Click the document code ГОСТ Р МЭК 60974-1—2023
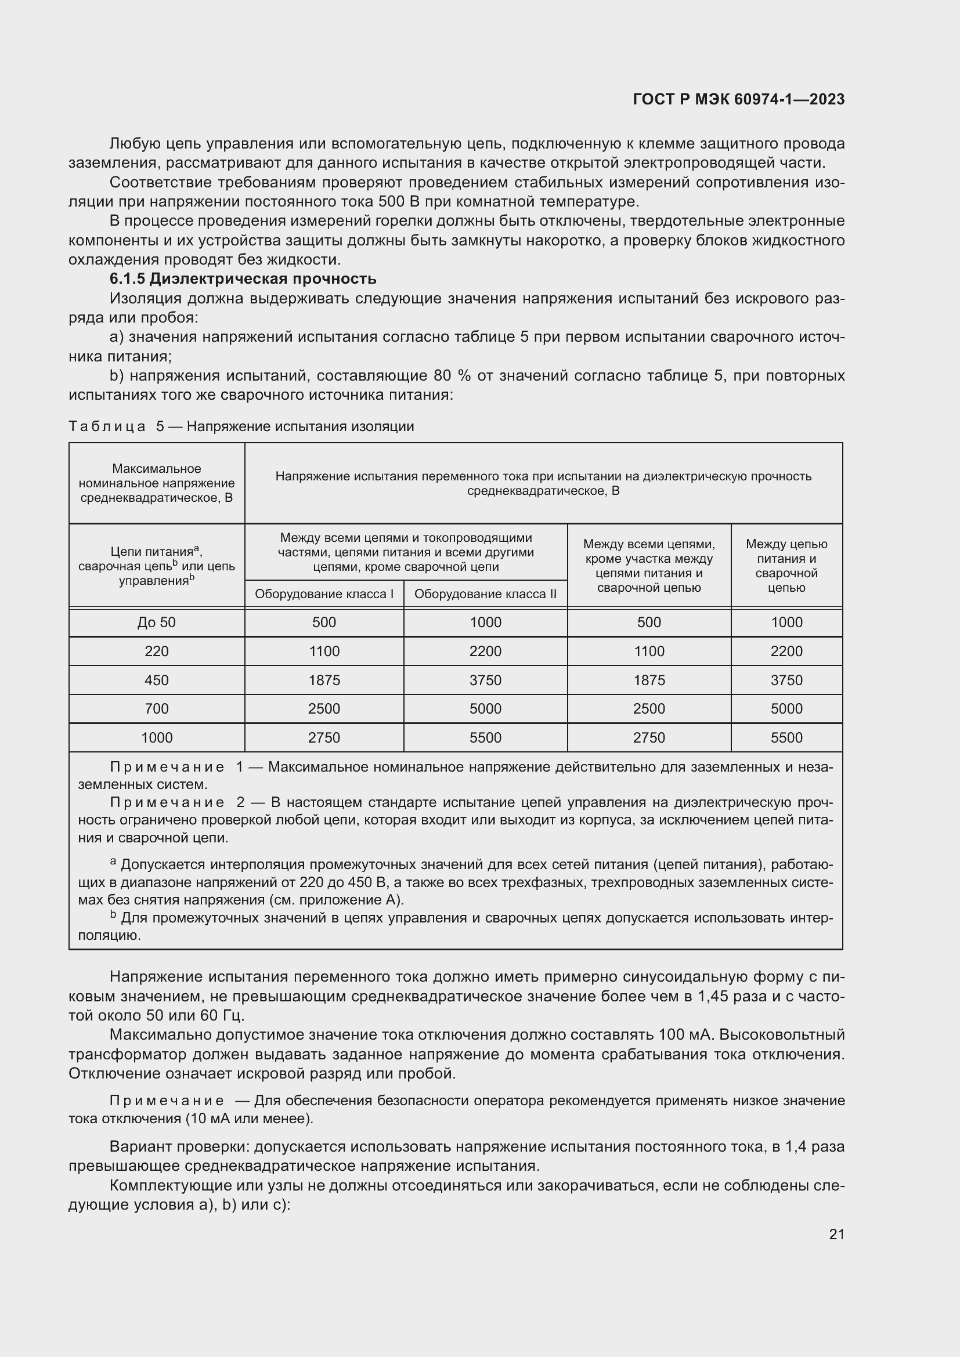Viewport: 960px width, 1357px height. pyautogui.click(x=738, y=99)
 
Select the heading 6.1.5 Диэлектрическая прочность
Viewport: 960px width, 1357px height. pyautogui.click(x=243, y=278)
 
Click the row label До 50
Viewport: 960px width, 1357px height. pyautogui.click(x=157, y=623)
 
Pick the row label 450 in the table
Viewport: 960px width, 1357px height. pyautogui.click(x=157, y=681)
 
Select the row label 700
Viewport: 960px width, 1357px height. pyautogui.click(x=157, y=708)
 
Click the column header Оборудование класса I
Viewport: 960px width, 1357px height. pyautogui.click(x=324, y=594)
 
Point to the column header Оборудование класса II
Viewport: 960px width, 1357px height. pyautogui.click(x=485, y=594)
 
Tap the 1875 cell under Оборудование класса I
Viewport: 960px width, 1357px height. pyautogui.click(x=324, y=681)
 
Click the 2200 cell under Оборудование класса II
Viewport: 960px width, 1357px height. pyautogui.click(x=485, y=652)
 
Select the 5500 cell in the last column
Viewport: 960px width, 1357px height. pyautogui.click(x=786, y=737)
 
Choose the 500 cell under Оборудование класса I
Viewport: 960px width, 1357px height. pyautogui.click(x=324, y=623)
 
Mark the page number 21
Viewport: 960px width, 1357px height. pyautogui.click(x=836, y=1234)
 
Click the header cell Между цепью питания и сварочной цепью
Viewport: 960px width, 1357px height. pyautogui.click(x=786, y=566)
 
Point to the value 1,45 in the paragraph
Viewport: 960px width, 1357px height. pyautogui.click(x=714, y=997)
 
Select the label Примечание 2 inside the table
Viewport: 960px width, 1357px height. pyautogui.click(x=178, y=802)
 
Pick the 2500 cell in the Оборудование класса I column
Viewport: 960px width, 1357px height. pyautogui.click(x=324, y=708)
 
